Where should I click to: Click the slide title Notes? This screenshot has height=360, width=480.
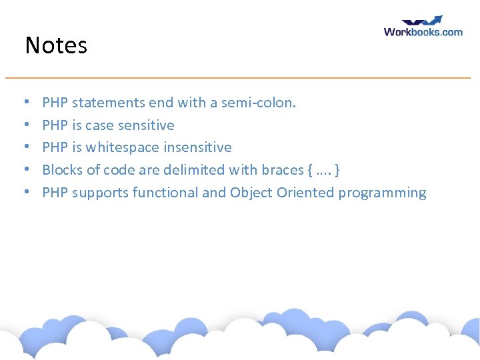click(56, 46)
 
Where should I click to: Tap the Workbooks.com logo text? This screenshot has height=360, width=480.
click(423, 31)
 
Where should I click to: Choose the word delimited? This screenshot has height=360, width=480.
click(199, 170)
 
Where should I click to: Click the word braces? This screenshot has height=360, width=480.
click(283, 170)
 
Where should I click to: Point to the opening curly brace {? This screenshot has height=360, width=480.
click(311, 170)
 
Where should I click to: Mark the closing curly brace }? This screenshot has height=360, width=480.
click(339, 170)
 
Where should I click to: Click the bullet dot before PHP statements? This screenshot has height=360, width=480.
click(26, 103)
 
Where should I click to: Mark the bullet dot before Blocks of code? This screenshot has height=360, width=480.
click(26, 171)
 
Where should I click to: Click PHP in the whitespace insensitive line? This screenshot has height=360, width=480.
click(55, 147)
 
